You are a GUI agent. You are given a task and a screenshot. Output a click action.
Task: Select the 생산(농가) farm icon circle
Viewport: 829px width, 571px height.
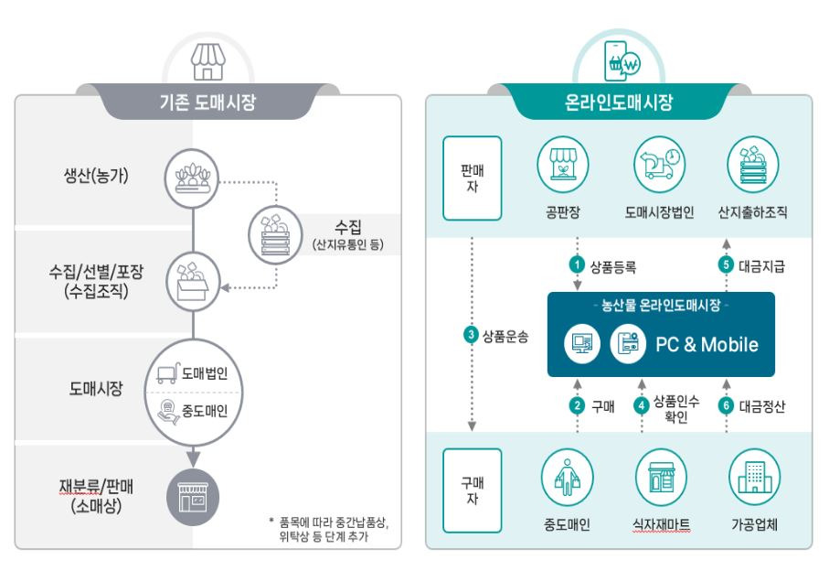pyautogui.click(x=193, y=175)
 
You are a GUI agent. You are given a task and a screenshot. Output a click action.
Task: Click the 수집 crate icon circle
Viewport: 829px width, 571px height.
pyautogui.click(x=277, y=235)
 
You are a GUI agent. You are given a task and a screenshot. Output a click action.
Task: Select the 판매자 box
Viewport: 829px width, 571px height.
pyautogui.click(x=473, y=178)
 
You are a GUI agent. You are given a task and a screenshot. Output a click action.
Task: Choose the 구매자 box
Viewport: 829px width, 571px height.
pyautogui.click(x=473, y=490)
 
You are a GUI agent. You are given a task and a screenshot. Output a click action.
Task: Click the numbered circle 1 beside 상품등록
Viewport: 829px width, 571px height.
pyautogui.click(x=577, y=266)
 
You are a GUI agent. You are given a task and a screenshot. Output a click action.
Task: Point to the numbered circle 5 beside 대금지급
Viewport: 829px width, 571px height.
pyautogui.click(x=728, y=266)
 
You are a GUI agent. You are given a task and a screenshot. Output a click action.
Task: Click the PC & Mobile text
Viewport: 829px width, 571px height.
pyautogui.click(x=707, y=345)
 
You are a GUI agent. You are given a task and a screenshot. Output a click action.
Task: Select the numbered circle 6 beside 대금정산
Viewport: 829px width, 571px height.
pyautogui.click(x=728, y=405)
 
